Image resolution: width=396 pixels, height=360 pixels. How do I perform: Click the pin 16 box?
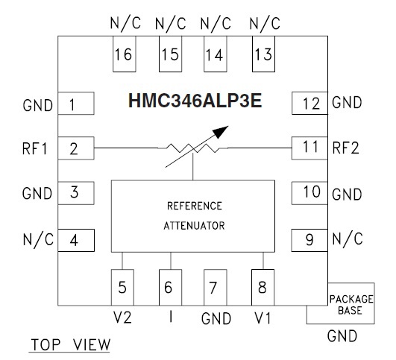125,54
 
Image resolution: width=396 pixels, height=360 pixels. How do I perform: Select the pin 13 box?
263,54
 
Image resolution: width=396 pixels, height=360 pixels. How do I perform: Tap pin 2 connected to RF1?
76,148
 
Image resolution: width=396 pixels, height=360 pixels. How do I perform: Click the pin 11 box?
309,148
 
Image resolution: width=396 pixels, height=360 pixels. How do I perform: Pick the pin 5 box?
122,288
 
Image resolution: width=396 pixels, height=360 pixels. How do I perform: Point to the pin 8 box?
263,288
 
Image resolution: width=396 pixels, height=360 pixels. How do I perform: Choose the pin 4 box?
76,240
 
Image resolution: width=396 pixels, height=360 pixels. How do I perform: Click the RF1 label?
35,148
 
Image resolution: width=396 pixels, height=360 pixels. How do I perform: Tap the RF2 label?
345,148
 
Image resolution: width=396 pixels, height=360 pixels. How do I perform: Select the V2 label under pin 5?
122,318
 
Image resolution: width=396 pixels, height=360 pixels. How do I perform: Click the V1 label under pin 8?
263,318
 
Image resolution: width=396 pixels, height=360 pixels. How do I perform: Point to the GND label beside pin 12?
347,103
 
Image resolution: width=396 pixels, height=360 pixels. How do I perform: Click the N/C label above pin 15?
171,24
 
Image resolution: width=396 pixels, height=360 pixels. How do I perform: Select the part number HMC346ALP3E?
195,101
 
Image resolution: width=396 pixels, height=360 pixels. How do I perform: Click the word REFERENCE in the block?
195,206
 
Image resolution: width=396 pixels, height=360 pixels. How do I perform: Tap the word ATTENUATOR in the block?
194,225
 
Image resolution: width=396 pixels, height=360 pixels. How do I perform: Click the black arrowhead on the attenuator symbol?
220,132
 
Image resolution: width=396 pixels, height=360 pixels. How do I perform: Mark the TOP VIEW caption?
70,344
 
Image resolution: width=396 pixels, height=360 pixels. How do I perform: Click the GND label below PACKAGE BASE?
342,336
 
